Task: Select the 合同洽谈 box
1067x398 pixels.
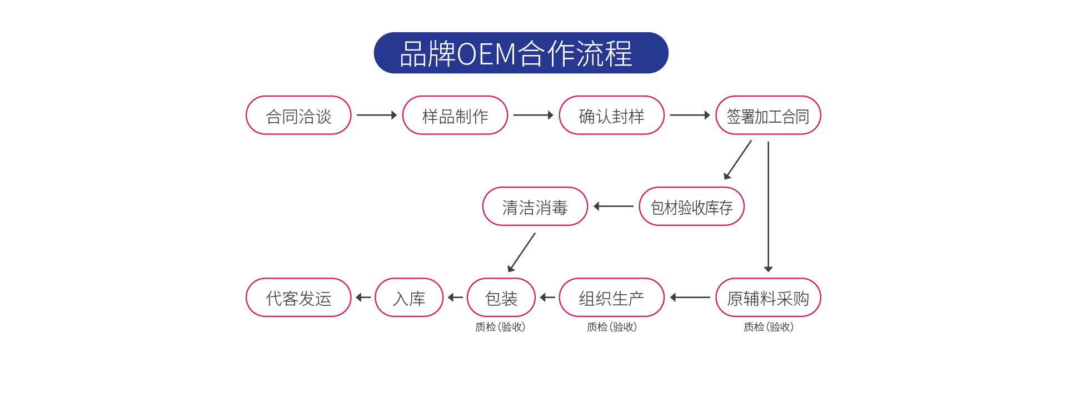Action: pyautogui.click(x=298, y=115)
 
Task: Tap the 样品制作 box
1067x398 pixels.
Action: pyautogui.click(x=455, y=115)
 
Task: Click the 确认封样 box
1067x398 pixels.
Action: pyautogui.click(x=611, y=115)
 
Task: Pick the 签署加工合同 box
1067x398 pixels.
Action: pyautogui.click(x=768, y=115)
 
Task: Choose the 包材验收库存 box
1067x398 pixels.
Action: pyautogui.click(x=691, y=206)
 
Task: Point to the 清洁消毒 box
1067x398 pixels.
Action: pyautogui.click(x=535, y=206)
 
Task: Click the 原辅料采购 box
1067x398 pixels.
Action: pyautogui.click(x=768, y=298)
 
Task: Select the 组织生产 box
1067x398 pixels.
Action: pyautogui.click(x=611, y=298)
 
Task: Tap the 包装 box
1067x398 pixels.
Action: pyautogui.click(x=501, y=298)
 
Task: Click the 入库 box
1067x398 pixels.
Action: pyautogui.click(x=409, y=298)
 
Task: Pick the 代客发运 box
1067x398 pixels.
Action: pyautogui.click(x=298, y=298)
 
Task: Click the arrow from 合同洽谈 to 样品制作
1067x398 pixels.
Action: pyautogui.click(x=376, y=115)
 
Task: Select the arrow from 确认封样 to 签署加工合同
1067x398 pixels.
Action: pyautogui.click(x=690, y=115)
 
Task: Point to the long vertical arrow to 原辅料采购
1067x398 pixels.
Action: pyautogui.click(x=769, y=205)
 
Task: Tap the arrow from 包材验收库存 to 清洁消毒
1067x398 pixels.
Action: pyautogui.click(x=613, y=206)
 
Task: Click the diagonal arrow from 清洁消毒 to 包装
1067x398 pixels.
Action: pyautogui.click(x=522, y=252)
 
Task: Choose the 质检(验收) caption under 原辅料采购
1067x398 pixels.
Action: pyautogui.click(x=768, y=327)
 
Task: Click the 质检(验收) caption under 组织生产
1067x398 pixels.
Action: pyautogui.click(x=611, y=327)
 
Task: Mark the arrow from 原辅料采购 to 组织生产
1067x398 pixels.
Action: pyautogui.click(x=690, y=298)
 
